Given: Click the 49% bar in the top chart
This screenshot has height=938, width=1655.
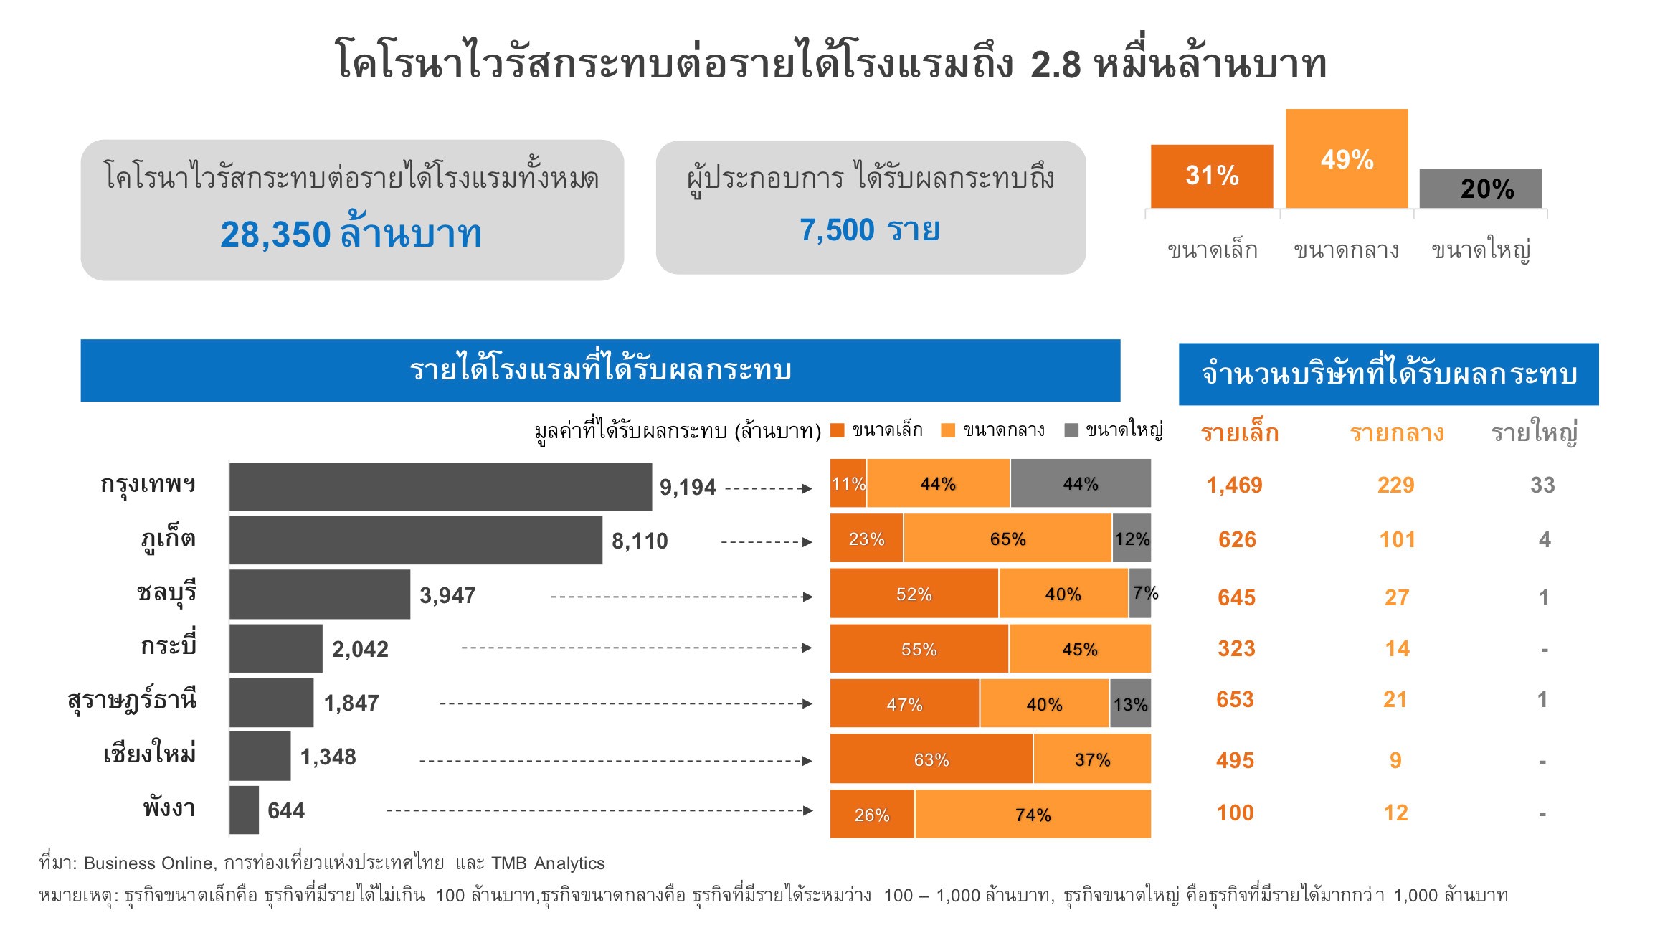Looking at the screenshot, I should click(1347, 158).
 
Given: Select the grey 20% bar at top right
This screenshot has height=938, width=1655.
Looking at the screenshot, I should click(1480, 189).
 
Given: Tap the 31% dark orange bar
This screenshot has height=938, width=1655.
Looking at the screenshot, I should click(1212, 176).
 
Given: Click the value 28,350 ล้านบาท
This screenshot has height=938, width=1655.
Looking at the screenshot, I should click(351, 234).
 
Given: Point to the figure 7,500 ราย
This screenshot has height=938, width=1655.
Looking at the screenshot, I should click(870, 230).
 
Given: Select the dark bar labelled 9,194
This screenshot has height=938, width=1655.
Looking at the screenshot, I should click(440, 487).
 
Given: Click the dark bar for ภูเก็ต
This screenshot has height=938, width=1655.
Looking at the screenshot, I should click(416, 540).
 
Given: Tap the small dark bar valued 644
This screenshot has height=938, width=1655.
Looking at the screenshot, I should click(245, 810).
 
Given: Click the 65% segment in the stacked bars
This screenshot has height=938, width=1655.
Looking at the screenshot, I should click(1007, 539).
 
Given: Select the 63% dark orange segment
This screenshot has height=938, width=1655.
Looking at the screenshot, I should click(931, 759).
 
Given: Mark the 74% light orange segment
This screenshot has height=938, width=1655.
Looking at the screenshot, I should click(1033, 814).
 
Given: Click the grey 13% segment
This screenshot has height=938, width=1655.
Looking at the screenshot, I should click(1130, 703).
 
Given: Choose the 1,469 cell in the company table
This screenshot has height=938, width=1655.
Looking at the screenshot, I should click(1234, 485).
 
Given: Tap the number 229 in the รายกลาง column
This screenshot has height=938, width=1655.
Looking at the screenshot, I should click(1395, 485).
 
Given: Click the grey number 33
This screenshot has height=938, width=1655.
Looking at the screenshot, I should click(1542, 485).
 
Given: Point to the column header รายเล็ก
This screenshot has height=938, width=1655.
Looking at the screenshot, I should click(1240, 433).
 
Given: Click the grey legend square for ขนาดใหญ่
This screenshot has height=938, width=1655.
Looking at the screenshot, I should click(1071, 430).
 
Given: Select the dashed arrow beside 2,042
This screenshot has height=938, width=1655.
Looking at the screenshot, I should click(637, 648).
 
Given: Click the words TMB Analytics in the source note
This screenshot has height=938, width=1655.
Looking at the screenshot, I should click(548, 863).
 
